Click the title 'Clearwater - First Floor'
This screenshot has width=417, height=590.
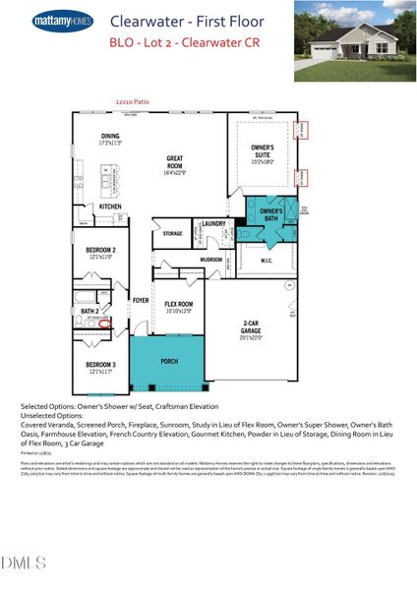[x=177, y=20]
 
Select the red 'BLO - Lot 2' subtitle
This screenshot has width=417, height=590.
[x=177, y=43]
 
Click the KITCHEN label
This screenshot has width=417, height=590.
[x=110, y=206]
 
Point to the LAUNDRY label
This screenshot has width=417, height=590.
[x=214, y=224]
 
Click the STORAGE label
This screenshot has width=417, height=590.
[x=172, y=233]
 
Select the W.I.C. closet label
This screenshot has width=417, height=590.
[x=267, y=261]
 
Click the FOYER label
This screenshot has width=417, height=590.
[x=141, y=300]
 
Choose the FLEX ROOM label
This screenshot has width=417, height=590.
[x=178, y=306]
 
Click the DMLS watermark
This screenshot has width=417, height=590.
[x=24, y=563]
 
